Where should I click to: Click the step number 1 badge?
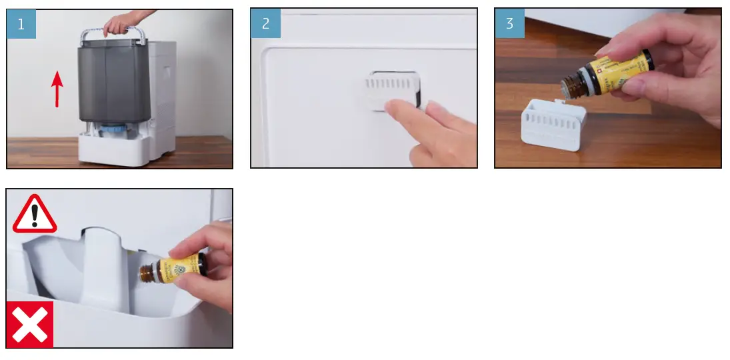tap(21, 24)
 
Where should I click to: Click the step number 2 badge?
tap(265, 24)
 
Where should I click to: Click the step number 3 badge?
tap(509, 24)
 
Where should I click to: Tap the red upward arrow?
tap(57, 89)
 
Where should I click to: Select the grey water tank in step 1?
tap(111, 83)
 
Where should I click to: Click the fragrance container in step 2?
tap(390, 91)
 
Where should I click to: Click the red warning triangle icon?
tap(35, 215)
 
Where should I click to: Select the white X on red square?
tap(30, 324)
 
